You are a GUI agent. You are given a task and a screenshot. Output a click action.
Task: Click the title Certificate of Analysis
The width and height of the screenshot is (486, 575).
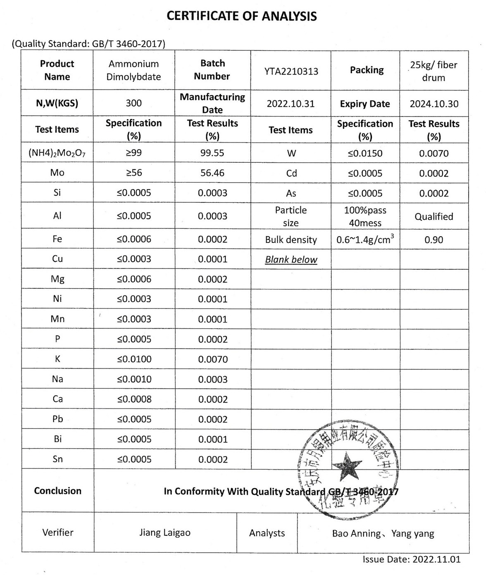[242, 16]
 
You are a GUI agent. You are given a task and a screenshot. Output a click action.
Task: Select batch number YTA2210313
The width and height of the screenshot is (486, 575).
[291, 71]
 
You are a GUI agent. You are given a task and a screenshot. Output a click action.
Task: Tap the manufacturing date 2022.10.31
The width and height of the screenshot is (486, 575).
[291, 104]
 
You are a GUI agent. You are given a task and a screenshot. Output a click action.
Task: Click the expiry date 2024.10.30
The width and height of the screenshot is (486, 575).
[434, 104]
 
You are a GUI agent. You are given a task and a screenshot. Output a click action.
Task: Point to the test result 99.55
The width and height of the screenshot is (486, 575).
[212, 153]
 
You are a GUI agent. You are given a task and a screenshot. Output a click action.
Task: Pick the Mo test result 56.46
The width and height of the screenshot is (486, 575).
[212, 173]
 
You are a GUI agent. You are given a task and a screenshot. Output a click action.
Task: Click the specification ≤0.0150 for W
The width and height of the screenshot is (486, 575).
[365, 153]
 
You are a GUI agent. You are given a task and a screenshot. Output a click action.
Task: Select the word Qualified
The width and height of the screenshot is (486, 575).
[434, 216]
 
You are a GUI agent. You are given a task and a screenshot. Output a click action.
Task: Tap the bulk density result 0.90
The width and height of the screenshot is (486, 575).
[434, 240]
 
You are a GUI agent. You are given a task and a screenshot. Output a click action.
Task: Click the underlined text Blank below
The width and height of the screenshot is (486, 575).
[291, 260]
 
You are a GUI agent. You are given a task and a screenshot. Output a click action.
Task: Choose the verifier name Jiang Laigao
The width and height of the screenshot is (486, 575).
[165, 532]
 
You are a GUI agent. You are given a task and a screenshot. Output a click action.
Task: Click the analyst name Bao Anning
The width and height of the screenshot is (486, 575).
[356, 534]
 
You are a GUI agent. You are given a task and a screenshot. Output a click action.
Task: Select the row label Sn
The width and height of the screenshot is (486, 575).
[57, 459]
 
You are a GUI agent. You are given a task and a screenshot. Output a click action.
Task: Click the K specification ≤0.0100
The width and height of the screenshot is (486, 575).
[134, 359]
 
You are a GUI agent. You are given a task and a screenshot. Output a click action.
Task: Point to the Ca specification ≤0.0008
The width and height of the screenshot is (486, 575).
[134, 399]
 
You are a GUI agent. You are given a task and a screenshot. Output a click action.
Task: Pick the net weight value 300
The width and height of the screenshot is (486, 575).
[133, 103]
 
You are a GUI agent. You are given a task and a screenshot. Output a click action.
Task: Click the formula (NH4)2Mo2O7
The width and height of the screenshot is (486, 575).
[57, 153]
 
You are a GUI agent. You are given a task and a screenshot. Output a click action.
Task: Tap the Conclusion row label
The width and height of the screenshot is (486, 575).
[57, 491]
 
